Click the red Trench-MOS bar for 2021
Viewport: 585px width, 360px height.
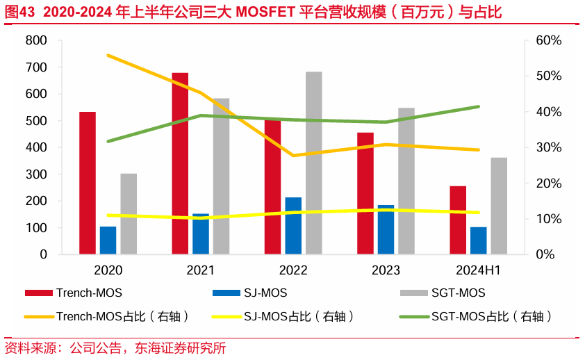pyautogui.click(x=180, y=163)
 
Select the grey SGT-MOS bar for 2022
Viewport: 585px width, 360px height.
pyautogui.click(x=314, y=163)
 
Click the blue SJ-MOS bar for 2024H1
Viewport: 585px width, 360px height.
pyautogui.click(x=479, y=240)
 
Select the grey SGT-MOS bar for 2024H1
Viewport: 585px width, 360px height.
pyautogui.click(x=499, y=206)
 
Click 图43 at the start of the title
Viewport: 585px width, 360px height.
pyautogui.click(x=18, y=13)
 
